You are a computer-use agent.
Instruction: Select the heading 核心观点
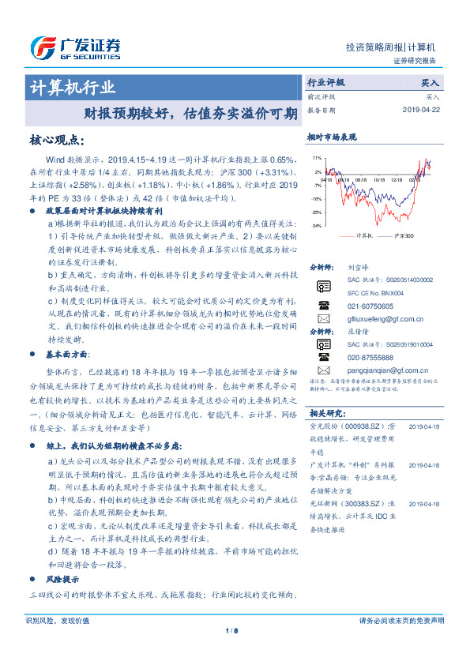pos(56,140)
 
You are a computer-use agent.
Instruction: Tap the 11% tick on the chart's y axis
pos(316,156)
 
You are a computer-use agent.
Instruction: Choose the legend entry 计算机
pos(364,235)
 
